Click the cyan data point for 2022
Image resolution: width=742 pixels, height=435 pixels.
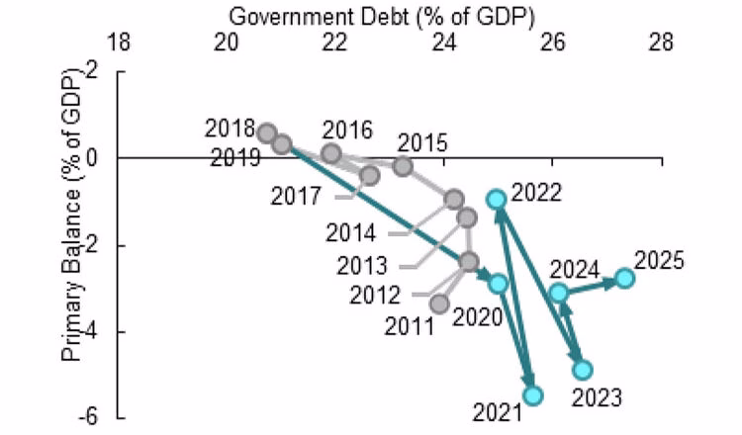[x=498, y=199]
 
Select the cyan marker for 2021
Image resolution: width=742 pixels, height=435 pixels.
[x=533, y=395]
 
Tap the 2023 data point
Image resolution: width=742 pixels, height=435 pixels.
[x=583, y=370]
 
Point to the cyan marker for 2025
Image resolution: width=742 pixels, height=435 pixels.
[x=624, y=278]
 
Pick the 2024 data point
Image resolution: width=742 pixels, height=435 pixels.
[x=559, y=293]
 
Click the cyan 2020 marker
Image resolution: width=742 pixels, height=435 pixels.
[x=498, y=284]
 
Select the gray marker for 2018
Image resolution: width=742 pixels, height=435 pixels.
[x=266, y=132]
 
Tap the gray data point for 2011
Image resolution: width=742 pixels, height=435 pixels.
[x=440, y=304]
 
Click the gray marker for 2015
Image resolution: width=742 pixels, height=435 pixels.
[x=403, y=166]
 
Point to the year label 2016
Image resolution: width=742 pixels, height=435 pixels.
[x=347, y=130]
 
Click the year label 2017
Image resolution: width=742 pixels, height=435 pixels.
[x=296, y=196]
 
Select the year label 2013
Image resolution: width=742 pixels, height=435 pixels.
[x=362, y=266]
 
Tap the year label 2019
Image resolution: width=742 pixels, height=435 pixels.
[x=235, y=157]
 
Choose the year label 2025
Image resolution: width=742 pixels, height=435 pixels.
[x=660, y=262]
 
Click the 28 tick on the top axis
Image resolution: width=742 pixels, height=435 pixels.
[x=661, y=43]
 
